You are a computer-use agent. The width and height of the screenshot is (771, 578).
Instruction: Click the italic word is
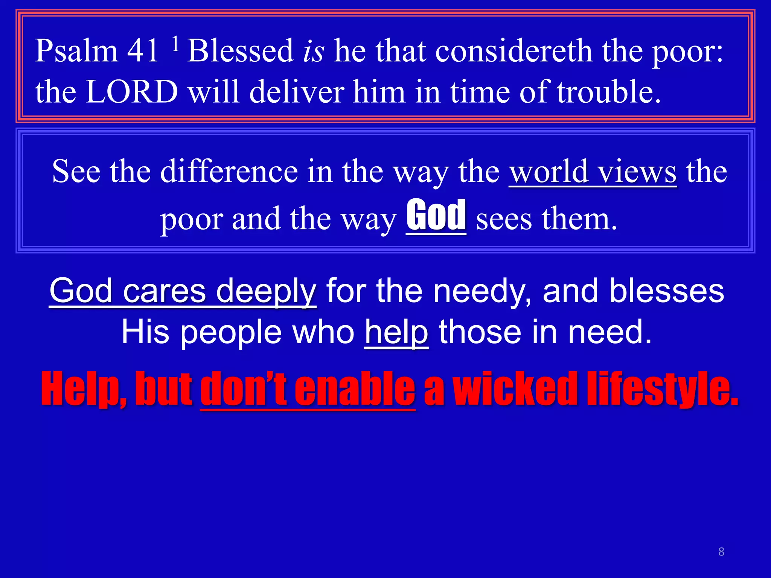[313, 52]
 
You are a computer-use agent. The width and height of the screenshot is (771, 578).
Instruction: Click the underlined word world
[549, 172]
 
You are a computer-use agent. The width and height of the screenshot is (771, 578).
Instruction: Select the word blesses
[667, 291]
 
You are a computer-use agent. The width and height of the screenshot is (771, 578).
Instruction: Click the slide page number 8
[721, 552]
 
